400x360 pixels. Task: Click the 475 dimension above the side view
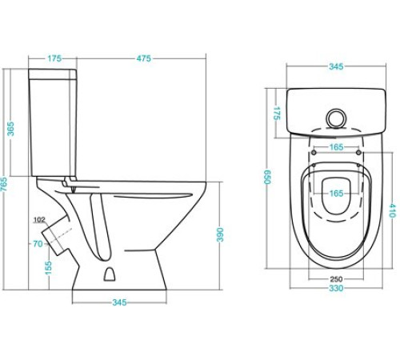(144, 58)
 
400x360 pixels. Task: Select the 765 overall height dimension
(4, 184)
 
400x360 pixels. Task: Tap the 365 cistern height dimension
(10, 129)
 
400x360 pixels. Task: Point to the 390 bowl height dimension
(220, 234)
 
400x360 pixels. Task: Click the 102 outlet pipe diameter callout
(39, 220)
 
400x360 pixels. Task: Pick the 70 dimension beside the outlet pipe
(38, 244)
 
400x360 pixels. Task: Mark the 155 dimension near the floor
(48, 268)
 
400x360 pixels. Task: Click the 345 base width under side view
(119, 302)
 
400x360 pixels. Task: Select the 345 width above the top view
(336, 66)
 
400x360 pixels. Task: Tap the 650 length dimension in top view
(267, 177)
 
